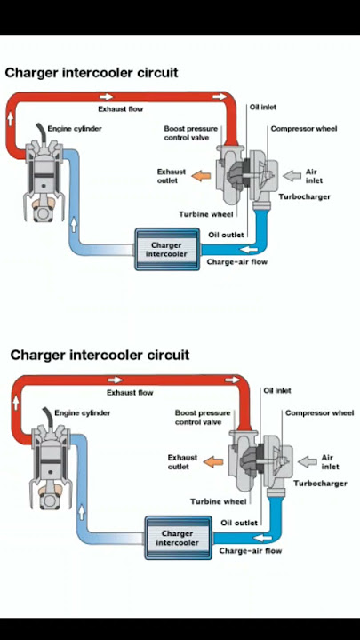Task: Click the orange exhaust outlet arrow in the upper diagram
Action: [x=201, y=176]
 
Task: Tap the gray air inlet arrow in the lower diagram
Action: [x=308, y=462]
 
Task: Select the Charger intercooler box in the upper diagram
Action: [x=167, y=250]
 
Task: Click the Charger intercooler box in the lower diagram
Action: [x=179, y=538]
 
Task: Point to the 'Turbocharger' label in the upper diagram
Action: [x=305, y=196]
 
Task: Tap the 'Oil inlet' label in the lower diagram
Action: [x=277, y=390]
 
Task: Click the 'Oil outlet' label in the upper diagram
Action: [x=226, y=235]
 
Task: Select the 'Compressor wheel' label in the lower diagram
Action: [x=320, y=413]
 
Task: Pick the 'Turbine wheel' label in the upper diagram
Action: [x=206, y=214]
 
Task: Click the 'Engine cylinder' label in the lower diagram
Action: [x=83, y=413]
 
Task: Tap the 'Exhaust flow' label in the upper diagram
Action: [x=120, y=109]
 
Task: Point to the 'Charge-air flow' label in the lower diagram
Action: [x=250, y=550]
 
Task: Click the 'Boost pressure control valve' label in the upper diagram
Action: [x=191, y=133]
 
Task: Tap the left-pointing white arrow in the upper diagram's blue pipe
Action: [x=249, y=250]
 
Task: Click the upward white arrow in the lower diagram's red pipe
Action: [x=16, y=404]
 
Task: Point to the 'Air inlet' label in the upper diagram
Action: [x=314, y=176]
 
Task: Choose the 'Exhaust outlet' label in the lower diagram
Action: [x=182, y=462]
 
